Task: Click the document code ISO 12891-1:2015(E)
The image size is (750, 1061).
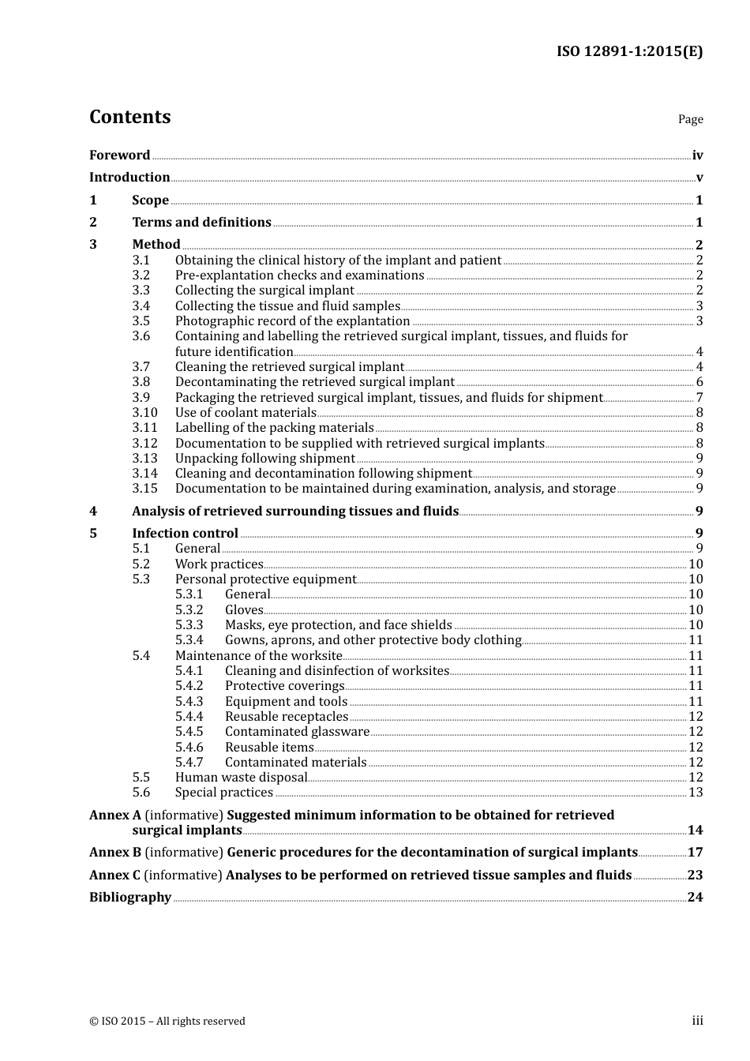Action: click(x=629, y=51)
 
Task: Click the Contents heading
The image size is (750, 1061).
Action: click(x=129, y=117)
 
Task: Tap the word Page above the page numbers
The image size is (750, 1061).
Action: click(x=690, y=119)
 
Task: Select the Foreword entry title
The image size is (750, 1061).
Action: click(x=119, y=156)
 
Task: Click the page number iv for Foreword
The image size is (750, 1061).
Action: click(x=697, y=156)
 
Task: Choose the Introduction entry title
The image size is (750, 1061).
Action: click(x=129, y=178)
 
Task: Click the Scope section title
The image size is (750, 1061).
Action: click(x=150, y=201)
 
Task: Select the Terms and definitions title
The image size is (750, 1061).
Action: click(x=201, y=223)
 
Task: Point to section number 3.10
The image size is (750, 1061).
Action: click(x=144, y=413)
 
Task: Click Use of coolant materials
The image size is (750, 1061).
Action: click(x=246, y=413)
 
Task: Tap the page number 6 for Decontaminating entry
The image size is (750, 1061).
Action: click(x=699, y=382)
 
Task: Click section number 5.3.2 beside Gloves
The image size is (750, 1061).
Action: click(x=189, y=610)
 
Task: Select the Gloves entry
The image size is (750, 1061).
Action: click(x=244, y=610)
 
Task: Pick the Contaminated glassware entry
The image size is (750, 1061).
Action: click(x=297, y=732)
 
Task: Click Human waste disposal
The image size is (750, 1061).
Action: click(x=241, y=778)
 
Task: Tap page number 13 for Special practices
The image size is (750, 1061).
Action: click(x=696, y=793)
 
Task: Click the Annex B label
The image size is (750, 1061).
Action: click(x=115, y=853)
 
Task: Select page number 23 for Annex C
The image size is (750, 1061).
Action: click(x=695, y=875)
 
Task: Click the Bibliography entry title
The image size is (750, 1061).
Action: click(x=130, y=898)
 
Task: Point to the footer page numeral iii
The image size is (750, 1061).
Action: click(x=697, y=1021)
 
